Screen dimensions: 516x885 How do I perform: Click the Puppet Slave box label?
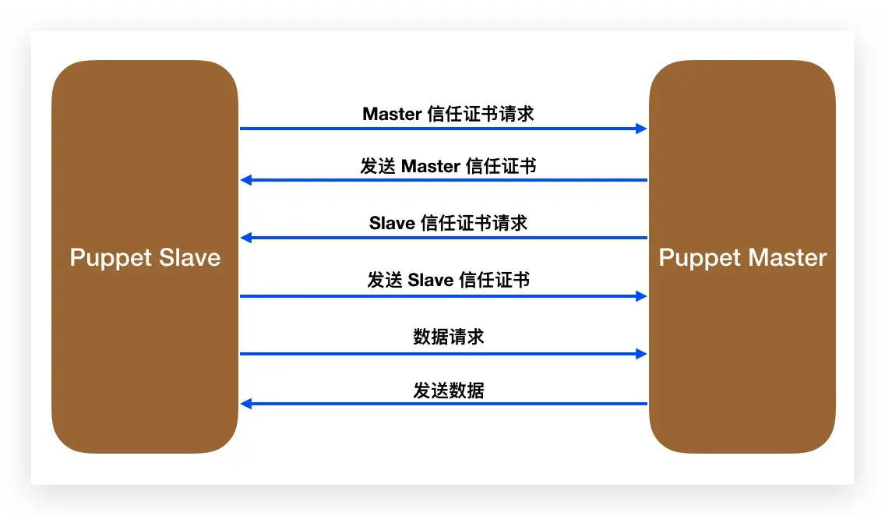pyautogui.click(x=145, y=258)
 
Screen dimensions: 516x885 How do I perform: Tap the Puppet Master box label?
pyautogui.click(x=742, y=258)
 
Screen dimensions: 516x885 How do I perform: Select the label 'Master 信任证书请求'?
pyautogui.click(x=448, y=114)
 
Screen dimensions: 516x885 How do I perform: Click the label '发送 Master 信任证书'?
pyautogui.click(x=448, y=166)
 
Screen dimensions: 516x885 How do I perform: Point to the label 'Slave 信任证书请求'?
pyautogui.click(x=448, y=223)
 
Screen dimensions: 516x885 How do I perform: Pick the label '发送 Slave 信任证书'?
pyautogui.click(x=448, y=280)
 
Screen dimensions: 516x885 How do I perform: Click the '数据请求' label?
pyautogui.click(x=448, y=337)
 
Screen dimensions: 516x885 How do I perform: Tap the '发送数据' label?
pyautogui.click(x=448, y=390)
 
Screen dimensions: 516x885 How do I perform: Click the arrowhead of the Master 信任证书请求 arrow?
pyautogui.click(x=642, y=129)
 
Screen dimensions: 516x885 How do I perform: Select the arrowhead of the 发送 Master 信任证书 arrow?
pyautogui.click(x=245, y=180)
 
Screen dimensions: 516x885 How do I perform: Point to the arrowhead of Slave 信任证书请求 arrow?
pyautogui.click(x=245, y=238)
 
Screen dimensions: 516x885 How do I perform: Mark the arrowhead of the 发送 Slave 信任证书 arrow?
pyautogui.click(x=642, y=296)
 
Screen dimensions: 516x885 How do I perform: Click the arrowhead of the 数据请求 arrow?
pyautogui.click(x=642, y=354)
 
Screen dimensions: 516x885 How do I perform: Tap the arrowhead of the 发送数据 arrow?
pyautogui.click(x=245, y=404)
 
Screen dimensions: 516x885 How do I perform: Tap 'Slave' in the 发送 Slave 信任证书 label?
pyautogui.click(x=431, y=281)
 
